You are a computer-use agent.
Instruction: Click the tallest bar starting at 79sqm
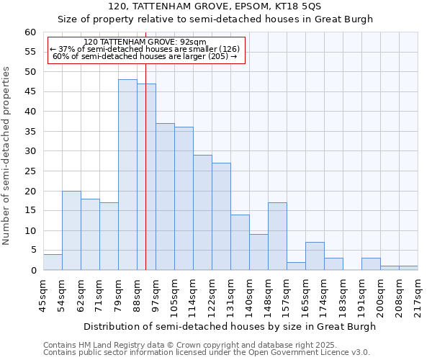pyautogui.click(x=127, y=175)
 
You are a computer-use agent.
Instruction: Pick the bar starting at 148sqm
pyautogui.click(x=277, y=236)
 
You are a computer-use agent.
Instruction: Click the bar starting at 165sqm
pyautogui.click(x=315, y=256)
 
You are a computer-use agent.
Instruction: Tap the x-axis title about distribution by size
pyautogui.click(x=230, y=326)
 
